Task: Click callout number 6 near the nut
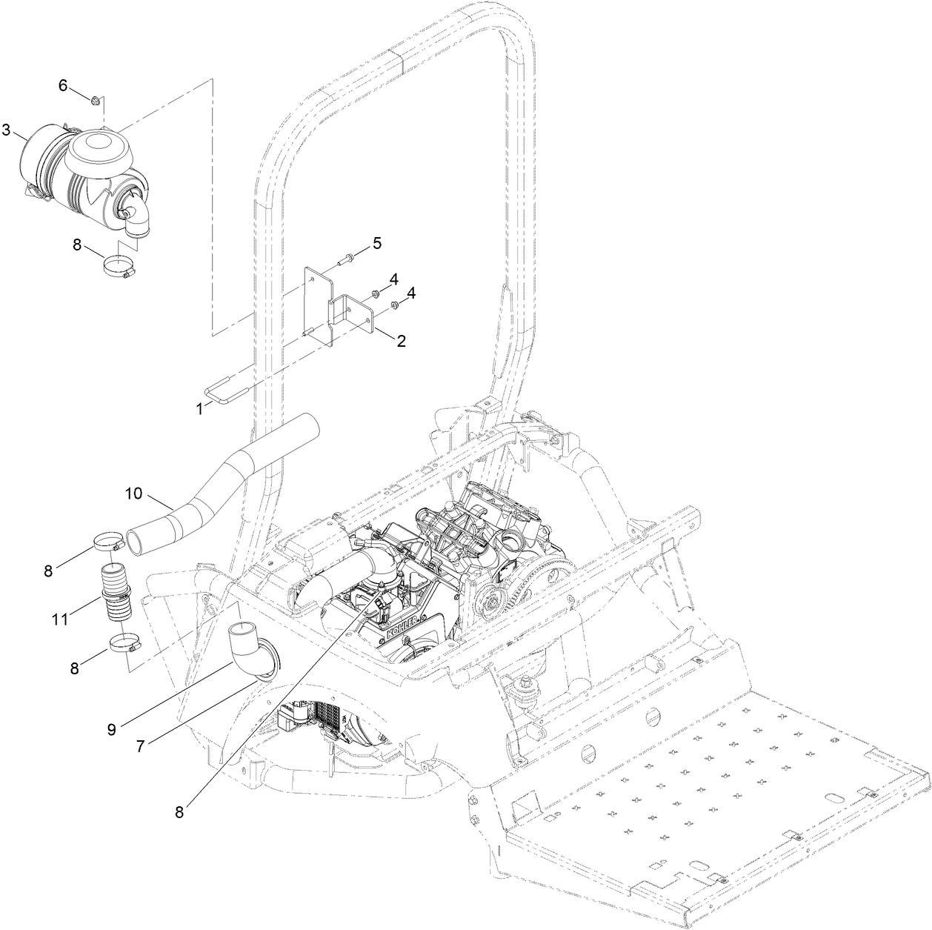(x=63, y=86)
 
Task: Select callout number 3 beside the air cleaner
(x=7, y=130)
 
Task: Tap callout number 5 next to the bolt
(x=377, y=243)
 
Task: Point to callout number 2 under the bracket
(x=401, y=341)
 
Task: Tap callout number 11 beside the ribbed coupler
(x=62, y=618)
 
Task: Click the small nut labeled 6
(x=96, y=99)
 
